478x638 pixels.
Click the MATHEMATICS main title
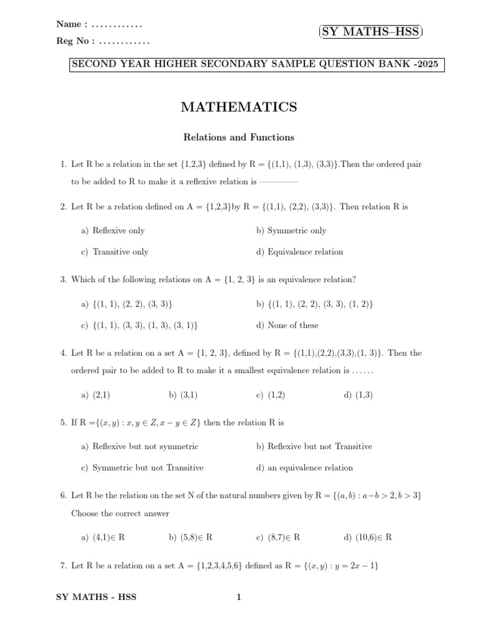click(x=238, y=108)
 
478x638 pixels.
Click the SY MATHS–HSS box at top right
click(x=370, y=32)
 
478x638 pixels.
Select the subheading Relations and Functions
click(x=238, y=137)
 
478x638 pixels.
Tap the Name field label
click(x=71, y=24)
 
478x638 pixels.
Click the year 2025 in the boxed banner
click(x=428, y=64)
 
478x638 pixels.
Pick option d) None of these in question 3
click(x=287, y=325)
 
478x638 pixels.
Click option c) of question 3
click(x=139, y=325)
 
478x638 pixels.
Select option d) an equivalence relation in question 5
click(x=304, y=468)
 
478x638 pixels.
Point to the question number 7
click(x=63, y=566)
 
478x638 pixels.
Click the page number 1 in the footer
click(x=238, y=598)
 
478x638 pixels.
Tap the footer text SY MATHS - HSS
click(x=96, y=598)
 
